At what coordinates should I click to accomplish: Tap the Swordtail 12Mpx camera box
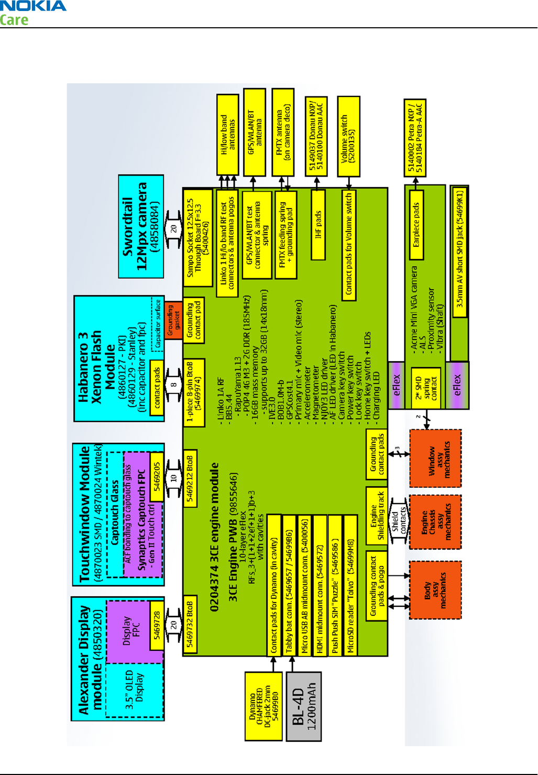tap(141, 226)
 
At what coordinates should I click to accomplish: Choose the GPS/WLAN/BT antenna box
tap(255, 132)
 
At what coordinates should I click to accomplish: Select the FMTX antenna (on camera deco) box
tap(283, 132)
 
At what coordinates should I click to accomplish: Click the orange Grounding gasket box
tap(173, 320)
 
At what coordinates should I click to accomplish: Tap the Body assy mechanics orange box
tap(435, 590)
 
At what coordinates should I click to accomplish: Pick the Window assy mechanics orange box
tap(435, 459)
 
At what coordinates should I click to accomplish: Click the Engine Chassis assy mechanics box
tap(435, 522)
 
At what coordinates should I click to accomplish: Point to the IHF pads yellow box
tap(318, 225)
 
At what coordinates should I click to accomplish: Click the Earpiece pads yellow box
tap(416, 225)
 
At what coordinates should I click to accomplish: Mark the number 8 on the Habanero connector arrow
tap(173, 384)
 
